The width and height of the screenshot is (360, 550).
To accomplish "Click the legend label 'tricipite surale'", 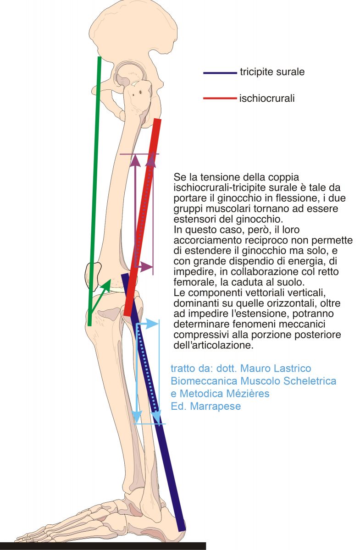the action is pos(272,71).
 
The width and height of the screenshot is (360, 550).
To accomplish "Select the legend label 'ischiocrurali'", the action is pos(267,99).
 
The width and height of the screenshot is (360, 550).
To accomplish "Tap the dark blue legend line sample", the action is pos(220,73).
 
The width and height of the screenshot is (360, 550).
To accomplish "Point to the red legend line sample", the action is pos(220,98).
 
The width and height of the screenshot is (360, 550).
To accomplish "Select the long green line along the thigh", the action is pos(94,191).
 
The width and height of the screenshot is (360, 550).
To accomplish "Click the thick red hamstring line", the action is pos(142,217).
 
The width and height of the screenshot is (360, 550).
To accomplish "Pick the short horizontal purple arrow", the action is pos(144,266).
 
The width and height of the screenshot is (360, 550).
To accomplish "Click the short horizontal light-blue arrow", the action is pos(148,324).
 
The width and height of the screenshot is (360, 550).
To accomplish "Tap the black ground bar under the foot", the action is pos(103,546).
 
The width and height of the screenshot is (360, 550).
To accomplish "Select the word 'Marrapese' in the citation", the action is pos(216,406).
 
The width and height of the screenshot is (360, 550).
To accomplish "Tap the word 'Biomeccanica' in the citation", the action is pos(204,381).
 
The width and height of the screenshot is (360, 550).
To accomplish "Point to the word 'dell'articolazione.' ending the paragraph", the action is pos(213,345).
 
